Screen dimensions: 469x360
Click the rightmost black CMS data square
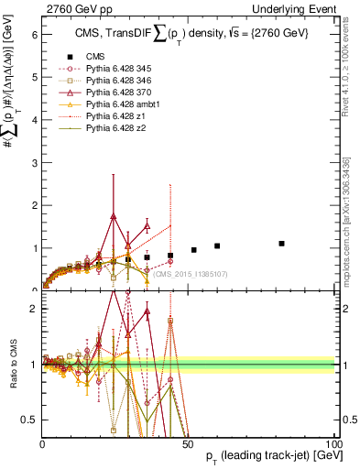[282, 244]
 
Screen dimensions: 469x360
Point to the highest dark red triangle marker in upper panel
[113, 217]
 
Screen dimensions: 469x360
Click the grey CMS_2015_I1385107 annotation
[191, 273]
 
